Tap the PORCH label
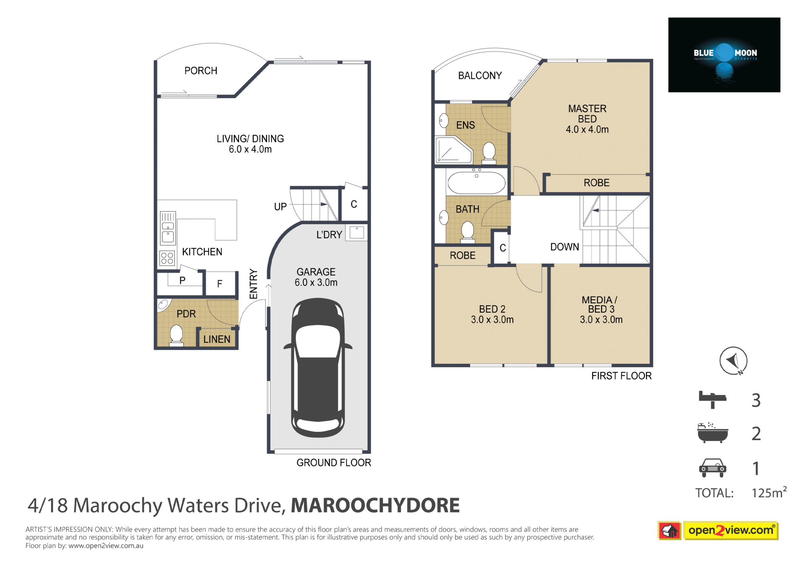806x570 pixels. [201, 71]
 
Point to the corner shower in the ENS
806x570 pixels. [453, 150]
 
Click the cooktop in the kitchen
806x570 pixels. [167, 258]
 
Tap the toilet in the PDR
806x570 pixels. [176, 336]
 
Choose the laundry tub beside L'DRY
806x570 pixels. [356, 233]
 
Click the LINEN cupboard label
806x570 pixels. [217, 339]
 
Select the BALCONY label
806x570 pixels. [480, 76]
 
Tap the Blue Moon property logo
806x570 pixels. [724, 55]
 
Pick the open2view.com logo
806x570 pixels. [718, 531]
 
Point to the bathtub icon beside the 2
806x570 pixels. [712, 433]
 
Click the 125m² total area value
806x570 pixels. [769, 492]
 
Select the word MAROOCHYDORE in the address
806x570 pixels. [375, 505]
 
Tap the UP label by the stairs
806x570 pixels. [280, 207]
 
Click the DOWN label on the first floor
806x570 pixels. [565, 247]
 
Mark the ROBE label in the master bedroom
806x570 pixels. [597, 183]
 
